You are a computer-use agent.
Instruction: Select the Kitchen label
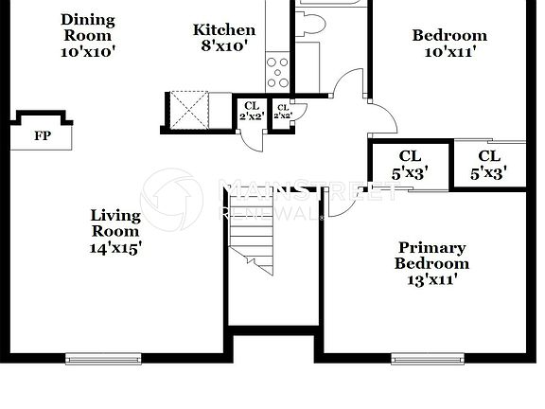pyautogui.click(x=224, y=29)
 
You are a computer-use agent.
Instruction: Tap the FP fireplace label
pyautogui.click(x=42, y=136)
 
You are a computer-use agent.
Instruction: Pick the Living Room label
pyautogui.click(x=114, y=223)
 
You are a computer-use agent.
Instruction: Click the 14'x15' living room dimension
pyautogui.click(x=114, y=248)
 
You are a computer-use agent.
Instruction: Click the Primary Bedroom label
pyautogui.click(x=431, y=256)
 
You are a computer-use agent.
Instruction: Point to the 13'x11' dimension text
pyautogui.click(x=431, y=281)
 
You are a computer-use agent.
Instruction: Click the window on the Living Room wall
pyautogui.click(x=103, y=358)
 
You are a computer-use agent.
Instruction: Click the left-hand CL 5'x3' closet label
pyautogui.click(x=410, y=164)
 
